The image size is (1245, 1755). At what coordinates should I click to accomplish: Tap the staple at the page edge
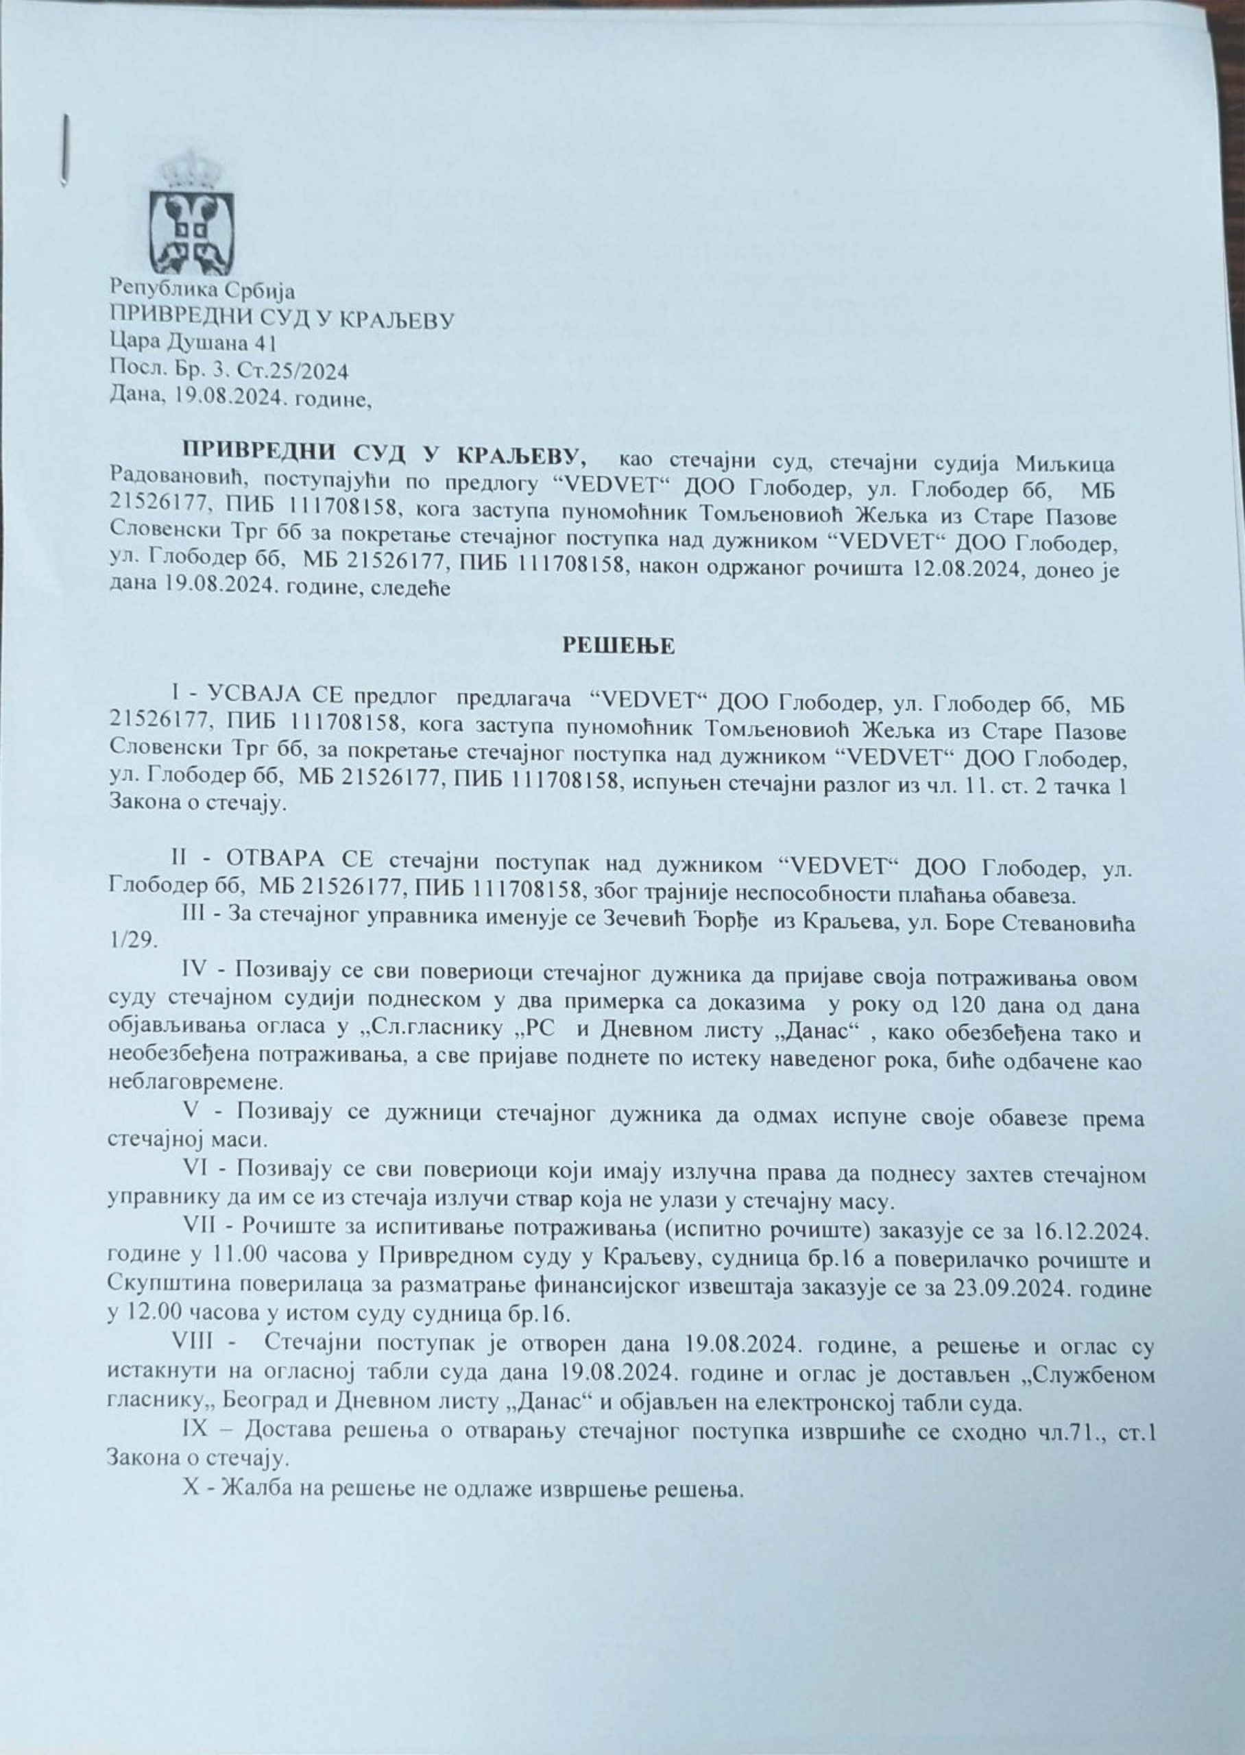[66, 149]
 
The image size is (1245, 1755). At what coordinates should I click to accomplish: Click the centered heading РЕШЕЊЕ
[620, 646]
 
